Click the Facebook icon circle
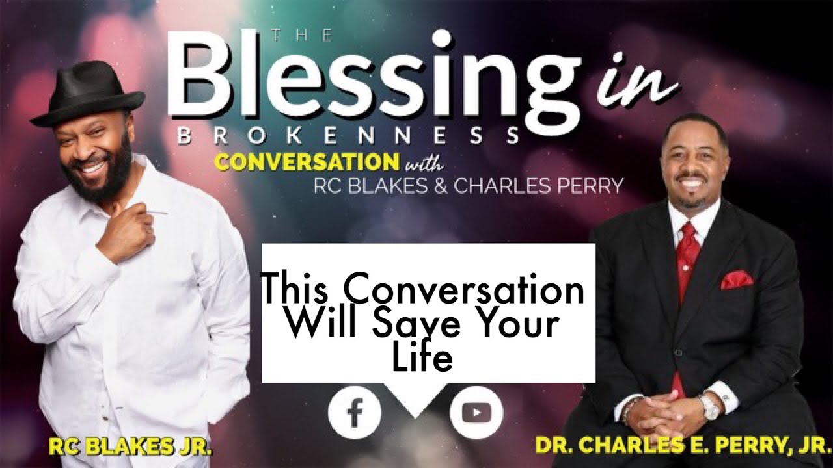(355, 413)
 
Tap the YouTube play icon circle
(476, 413)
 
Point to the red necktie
(687, 260)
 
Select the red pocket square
(736, 280)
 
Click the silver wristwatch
(709, 407)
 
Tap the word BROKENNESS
(348, 136)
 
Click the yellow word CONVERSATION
(307, 162)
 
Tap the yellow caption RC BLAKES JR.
(131, 447)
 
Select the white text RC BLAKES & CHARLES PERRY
(468, 186)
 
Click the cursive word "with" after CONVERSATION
(424, 162)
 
